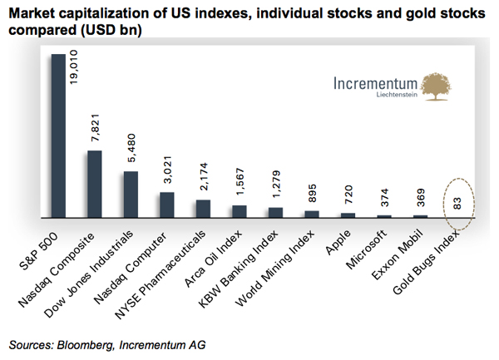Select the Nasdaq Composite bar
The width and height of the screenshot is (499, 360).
click(x=95, y=184)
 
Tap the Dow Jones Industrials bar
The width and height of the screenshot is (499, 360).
click(x=131, y=195)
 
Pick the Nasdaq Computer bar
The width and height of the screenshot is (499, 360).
click(x=167, y=205)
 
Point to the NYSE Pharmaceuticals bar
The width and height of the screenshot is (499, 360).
click(x=203, y=209)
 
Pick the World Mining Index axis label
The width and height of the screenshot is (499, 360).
click(x=279, y=263)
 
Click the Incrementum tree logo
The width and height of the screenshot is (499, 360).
click(x=439, y=86)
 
